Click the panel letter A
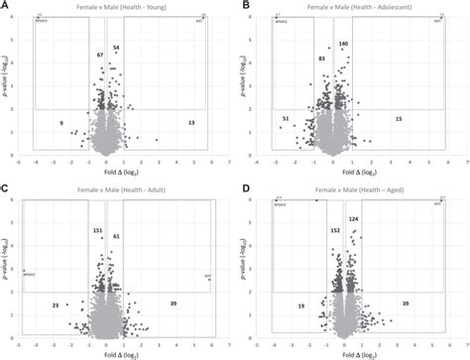(x=7, y=6)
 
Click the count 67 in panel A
(x=100, y=56)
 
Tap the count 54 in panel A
(x=116, y=48)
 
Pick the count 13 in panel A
(x=191, y=122)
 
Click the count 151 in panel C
(x=97, y=231)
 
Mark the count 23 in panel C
(x=56, y=305)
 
